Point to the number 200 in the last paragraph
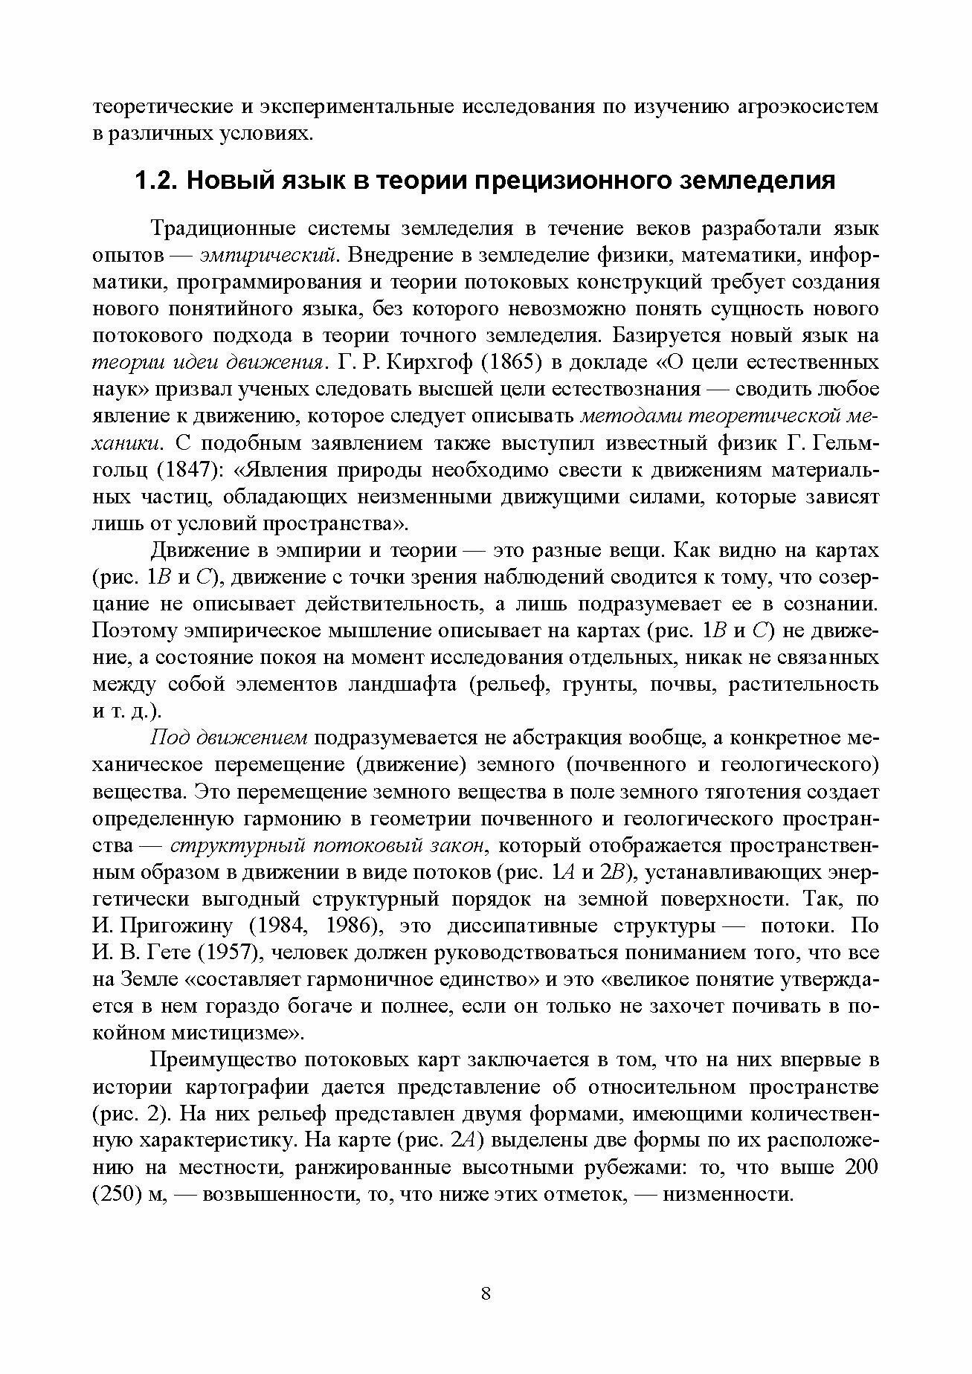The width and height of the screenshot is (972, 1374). coord(862,1167)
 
